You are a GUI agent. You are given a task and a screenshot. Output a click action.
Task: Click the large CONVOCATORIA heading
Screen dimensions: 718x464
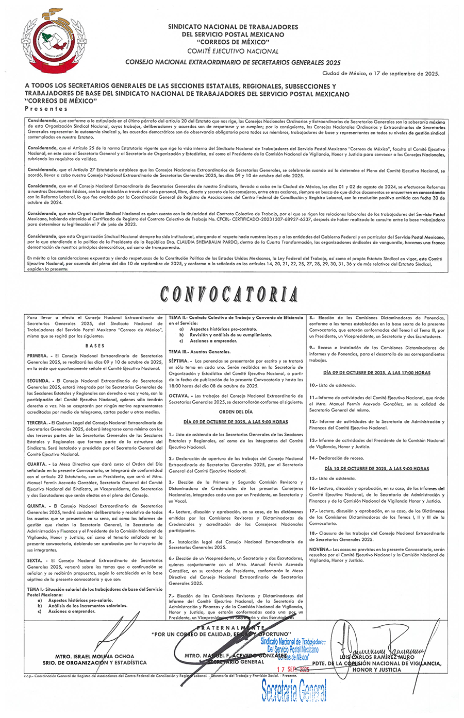229,294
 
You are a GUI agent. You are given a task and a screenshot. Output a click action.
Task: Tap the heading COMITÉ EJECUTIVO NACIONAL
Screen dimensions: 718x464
233,51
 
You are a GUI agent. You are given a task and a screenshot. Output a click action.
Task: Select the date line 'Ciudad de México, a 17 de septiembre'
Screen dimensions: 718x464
380,74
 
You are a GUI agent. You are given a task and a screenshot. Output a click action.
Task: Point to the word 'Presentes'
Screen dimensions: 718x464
46,109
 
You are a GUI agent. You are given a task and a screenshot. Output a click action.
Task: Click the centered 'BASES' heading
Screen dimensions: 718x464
95,346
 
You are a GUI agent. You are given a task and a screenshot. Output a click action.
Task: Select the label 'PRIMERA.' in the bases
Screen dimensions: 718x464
38,356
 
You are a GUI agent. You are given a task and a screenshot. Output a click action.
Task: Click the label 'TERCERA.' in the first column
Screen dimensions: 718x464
38,422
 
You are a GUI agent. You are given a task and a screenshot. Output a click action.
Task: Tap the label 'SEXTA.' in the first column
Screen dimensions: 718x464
35,560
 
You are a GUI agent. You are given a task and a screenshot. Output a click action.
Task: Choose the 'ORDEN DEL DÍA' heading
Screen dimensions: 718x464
236,412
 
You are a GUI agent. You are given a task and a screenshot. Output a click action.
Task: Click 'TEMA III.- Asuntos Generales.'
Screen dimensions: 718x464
200,351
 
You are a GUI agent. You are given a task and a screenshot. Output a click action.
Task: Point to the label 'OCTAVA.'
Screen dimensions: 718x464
179,396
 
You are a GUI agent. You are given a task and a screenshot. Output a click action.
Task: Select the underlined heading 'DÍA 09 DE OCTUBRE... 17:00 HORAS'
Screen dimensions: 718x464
377,372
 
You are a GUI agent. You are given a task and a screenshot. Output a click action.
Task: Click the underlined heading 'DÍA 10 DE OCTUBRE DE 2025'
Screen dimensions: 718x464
377,469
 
